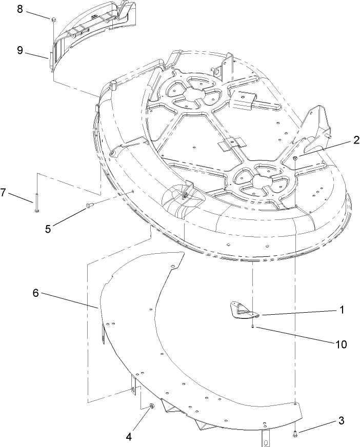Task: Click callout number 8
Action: pos(19,10)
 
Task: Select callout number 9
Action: pos(19,50)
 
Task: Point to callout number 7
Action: pos(4,192)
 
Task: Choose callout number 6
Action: pos(35,293)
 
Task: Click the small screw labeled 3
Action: pos(295,434)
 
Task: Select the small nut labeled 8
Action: pos(53,19)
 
